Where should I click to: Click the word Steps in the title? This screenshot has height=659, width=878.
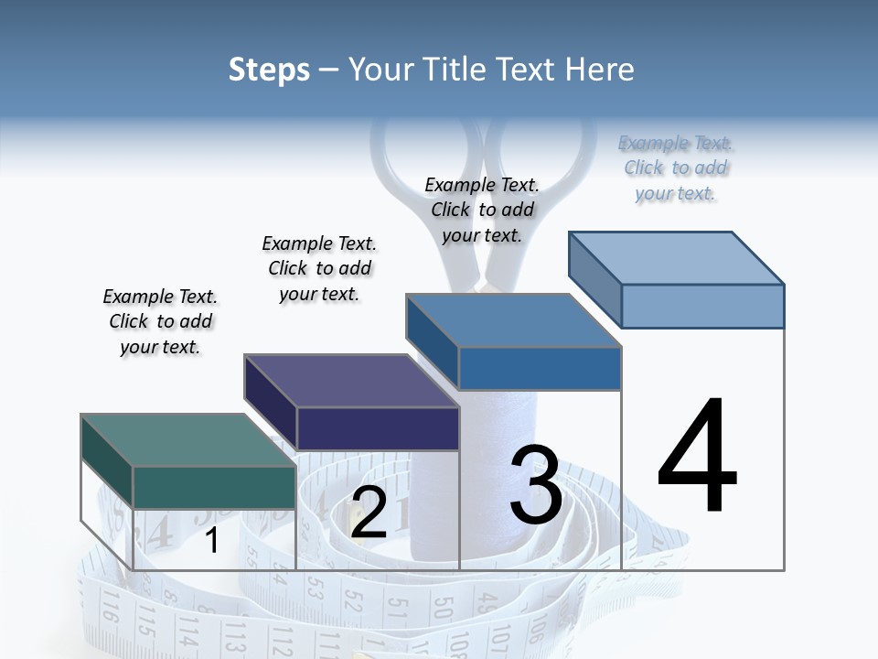pyautogui.click(x=269, y=70)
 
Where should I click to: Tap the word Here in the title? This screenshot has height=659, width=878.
pyautogui.click(x=600, y=70)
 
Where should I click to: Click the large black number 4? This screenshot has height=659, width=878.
pyautogui.click(x=697, y=458)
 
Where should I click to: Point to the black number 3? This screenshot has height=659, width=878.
pyautogui.click(x=536, y=485)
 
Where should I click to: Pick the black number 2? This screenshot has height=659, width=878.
pyautogui.click(x=369, y=513)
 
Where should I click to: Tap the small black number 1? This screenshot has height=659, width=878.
pyautogui.click(x=212, y=540)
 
